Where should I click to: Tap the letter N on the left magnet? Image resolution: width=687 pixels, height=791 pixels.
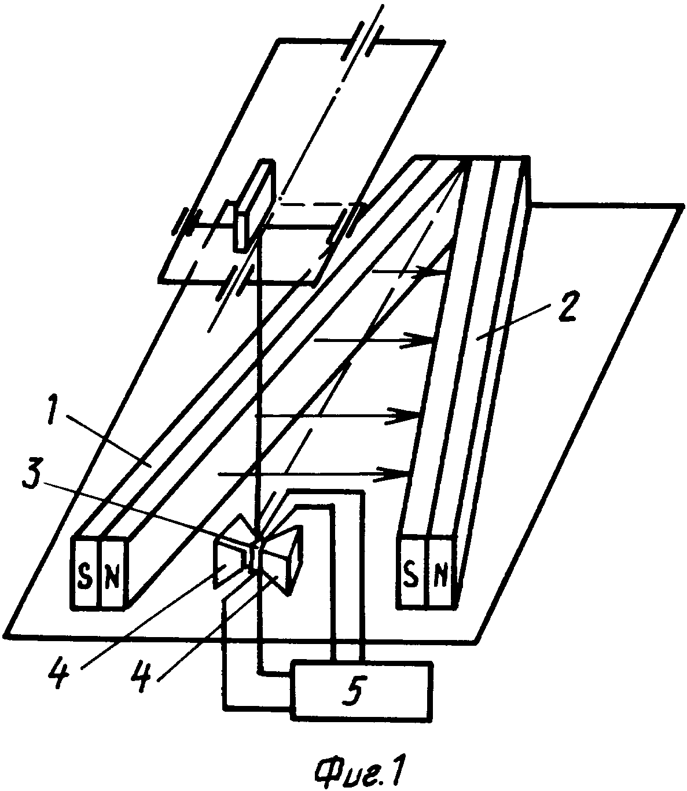[112, 578]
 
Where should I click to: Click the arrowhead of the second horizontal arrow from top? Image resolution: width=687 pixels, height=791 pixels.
[417, 340]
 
